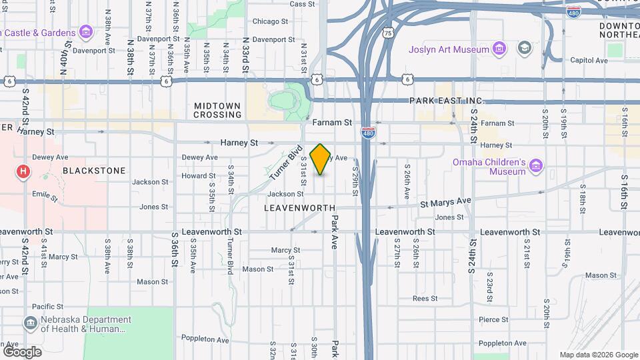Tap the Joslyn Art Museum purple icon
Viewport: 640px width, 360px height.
tap(499, 48)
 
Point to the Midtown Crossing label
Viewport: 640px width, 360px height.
tap(217, 110)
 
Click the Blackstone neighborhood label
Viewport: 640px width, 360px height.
tap(94, 171)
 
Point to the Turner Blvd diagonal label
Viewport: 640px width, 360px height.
tap(287, 162)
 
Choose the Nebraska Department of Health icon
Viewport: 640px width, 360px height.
tap(31, 323)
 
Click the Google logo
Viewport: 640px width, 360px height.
tap(22, 351)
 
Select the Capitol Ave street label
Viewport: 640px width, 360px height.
tap(589, 60)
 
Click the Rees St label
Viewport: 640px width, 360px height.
tap(425, 298)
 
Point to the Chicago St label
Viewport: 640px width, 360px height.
tap(270, 21)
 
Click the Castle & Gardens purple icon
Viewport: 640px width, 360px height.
tap(85, 31)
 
